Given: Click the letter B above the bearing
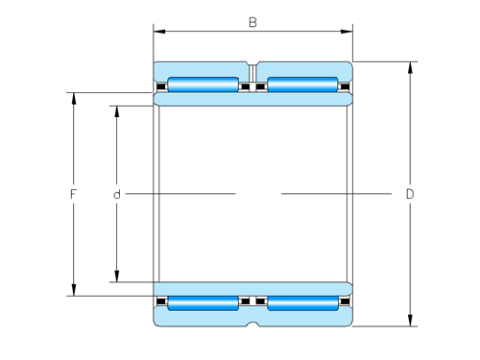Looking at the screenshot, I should (252, 21).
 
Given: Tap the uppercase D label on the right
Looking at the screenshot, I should (410, 195).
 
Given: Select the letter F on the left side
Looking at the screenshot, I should (73, 195).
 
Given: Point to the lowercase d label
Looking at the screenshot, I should (116, 195).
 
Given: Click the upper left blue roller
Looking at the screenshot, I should (204, 84).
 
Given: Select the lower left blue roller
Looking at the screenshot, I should (204, 304).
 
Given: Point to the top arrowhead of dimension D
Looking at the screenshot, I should (410, 67).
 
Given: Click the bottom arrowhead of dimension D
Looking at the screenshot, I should (410, 322).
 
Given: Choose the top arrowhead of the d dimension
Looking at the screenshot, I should (116, 109).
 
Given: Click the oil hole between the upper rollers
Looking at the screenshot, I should (253, 72).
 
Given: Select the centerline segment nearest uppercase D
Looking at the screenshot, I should (336, 194).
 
